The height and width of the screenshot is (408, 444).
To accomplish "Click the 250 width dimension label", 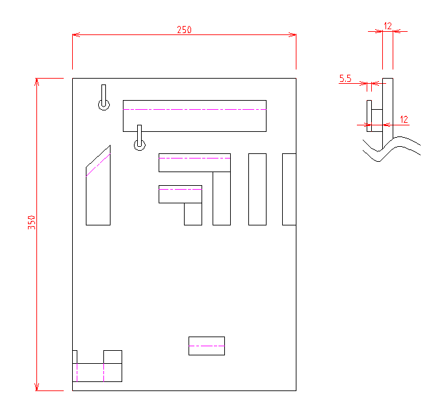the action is coord(184,30).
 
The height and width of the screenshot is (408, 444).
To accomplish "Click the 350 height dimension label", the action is coord(31,222).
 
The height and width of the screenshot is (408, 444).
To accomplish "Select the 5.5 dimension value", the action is coord(345,79).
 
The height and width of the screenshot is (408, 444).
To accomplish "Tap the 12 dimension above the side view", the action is coord(387,26).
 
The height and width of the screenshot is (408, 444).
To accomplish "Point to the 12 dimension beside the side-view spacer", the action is coord(404,120).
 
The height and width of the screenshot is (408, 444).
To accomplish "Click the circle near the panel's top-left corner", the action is coord(104,105).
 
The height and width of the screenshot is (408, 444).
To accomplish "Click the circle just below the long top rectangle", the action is coord(140,145).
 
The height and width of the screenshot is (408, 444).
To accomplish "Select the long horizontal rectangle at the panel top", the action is coord(194,116).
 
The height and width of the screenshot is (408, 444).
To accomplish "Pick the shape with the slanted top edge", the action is coord(98,185).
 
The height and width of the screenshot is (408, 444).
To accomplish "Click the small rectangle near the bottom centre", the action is coord(207,346).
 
